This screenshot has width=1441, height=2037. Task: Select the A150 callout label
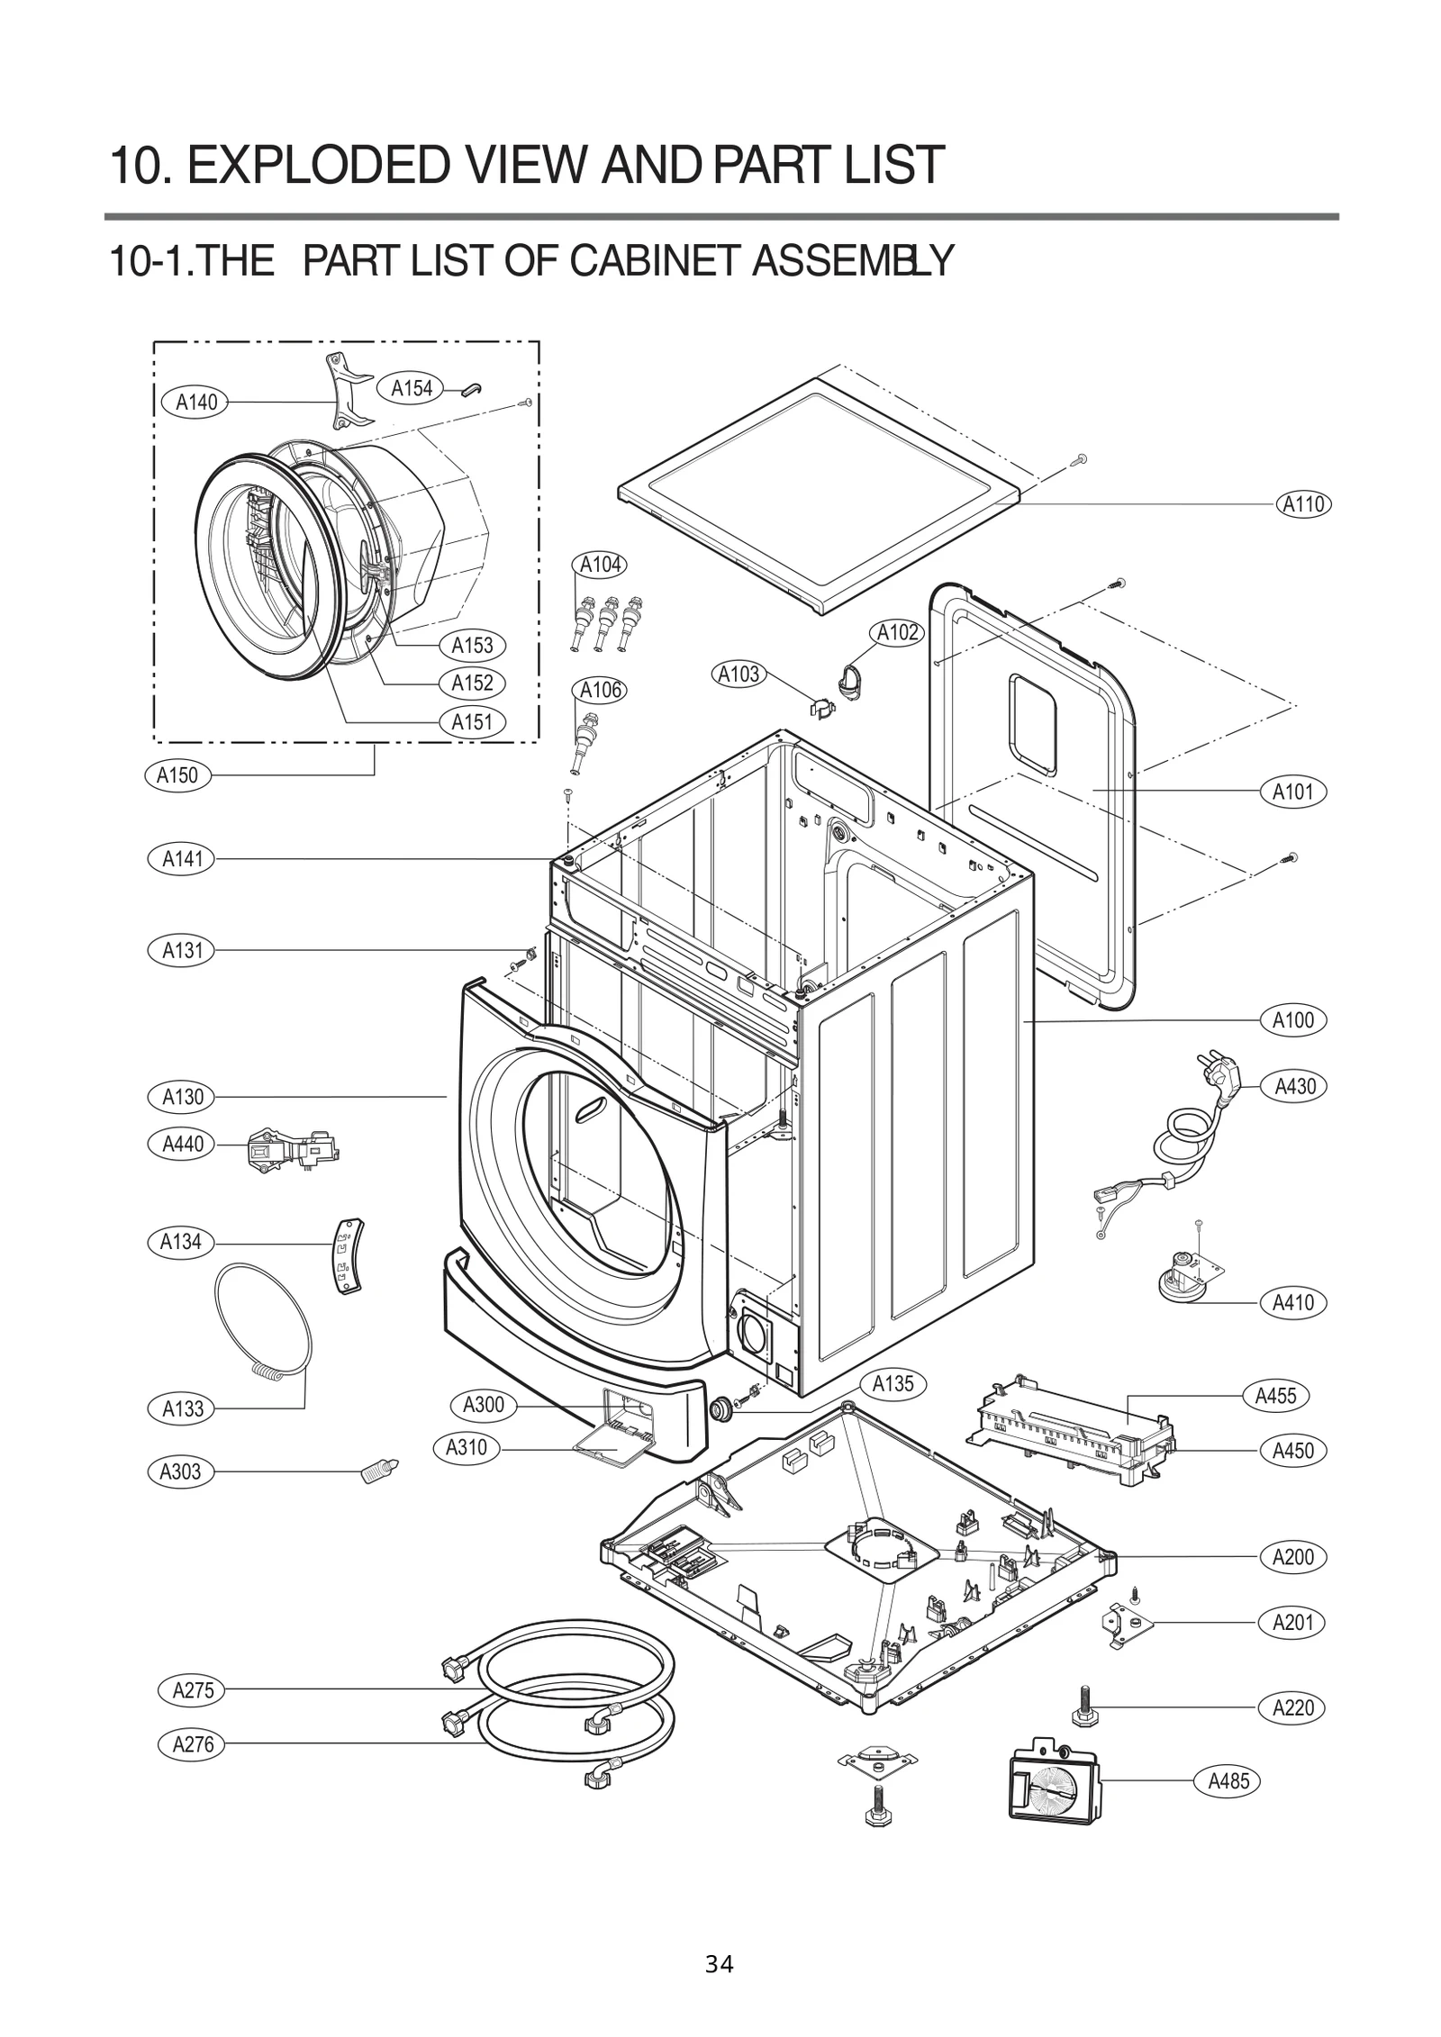click(177, 775)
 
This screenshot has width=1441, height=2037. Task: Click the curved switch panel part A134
click(349, 1258)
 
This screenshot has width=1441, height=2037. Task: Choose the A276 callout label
click(194, 1744)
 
